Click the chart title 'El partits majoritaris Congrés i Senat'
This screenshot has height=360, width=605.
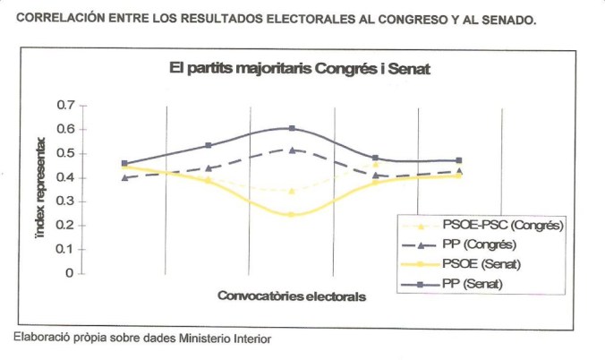302,70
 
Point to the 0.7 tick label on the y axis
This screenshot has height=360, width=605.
65,106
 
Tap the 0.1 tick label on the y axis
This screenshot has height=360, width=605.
65,249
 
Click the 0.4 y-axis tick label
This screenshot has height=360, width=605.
65,177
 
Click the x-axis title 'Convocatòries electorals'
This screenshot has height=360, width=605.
293,296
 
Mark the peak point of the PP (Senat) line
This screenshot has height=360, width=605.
292,129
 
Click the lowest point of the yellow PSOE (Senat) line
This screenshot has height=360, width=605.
292,215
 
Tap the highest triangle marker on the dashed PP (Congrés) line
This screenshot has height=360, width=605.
292,150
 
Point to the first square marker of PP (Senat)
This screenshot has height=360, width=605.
124,164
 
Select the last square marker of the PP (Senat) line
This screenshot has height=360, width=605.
459,161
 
